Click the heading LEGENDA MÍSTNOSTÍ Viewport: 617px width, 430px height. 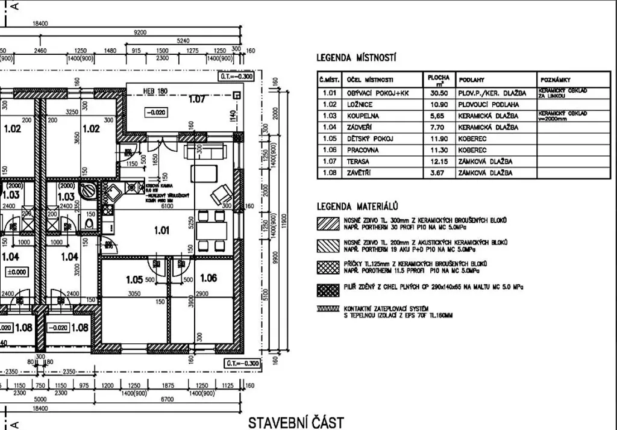click(x=356, y=58)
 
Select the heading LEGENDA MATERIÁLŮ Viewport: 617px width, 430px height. click(x=355, y=205)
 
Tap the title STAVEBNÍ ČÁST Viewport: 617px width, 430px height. click(x=296, y=421)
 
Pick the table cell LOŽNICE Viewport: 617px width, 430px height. click(x=360, y=104)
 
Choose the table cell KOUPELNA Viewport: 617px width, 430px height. click(x=363, y=116)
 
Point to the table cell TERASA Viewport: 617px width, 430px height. click(x=358, y=161)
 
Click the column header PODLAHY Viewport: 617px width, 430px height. click(x=472, y=79)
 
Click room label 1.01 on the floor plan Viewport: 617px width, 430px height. click(x=161, y=229)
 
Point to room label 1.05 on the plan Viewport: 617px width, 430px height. click(x=134, y=279)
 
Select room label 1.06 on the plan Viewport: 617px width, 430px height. click(x=208, y=278)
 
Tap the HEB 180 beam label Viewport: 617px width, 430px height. click(x=154, y=92)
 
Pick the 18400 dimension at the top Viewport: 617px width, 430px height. click(x=41, y=23)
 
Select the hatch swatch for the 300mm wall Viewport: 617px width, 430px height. click(x=328, y=223)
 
